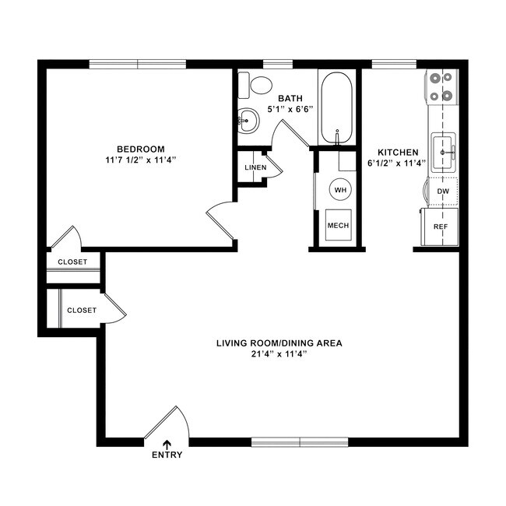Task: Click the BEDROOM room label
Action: [x=141, y=149]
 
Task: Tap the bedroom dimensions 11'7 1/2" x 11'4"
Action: [x=141, y=160]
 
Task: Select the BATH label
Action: [x=290, y=98]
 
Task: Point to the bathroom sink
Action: [x=248, y=120]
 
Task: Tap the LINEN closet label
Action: [x=255, y=167]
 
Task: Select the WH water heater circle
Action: [x=339, y=189]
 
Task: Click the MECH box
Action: [x=338, y=225]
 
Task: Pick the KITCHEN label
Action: [x=399, y=152]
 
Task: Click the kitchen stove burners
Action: [x=441, y=87]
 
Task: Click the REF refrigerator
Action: [x=441, y=227]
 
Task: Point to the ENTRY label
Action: [x=167, y=455]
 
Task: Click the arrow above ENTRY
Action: [x=167, y=444]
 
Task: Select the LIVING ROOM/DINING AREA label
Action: [x=279, y=343]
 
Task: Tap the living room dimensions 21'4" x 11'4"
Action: [x=279, y=354]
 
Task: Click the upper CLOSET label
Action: [x=72, y=262]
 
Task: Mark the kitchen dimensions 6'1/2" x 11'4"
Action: [x=399, y=163]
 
